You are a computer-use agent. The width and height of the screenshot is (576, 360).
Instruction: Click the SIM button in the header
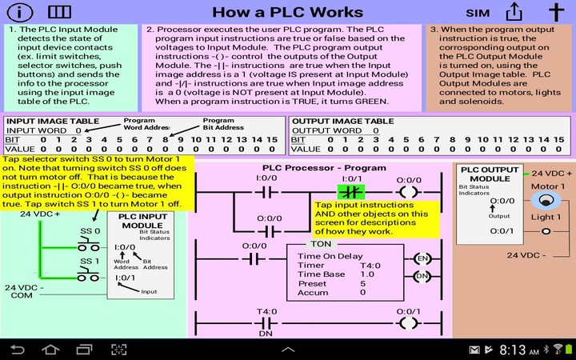click(x=478, y=13)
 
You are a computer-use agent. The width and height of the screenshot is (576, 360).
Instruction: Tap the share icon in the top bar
click(x=514, y=12)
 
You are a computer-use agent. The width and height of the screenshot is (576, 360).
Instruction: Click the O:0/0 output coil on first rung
click(x=409, y=193)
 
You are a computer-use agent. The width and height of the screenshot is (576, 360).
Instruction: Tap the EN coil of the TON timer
click(x=422, y=258)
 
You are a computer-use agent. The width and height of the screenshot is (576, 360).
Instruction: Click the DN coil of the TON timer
click(x=422, y=275)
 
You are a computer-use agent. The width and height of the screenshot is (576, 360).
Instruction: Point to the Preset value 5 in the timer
click(x=362, y=283)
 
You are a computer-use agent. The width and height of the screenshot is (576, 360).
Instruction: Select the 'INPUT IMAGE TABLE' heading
click(x=49, y=121)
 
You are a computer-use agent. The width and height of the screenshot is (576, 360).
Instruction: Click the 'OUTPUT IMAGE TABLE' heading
click(x=342, y=121)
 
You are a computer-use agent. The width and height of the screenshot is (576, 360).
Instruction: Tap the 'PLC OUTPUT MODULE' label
click(x=490, y=174)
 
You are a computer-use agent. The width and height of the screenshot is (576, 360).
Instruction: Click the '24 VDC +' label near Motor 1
click(x=552, y=173)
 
